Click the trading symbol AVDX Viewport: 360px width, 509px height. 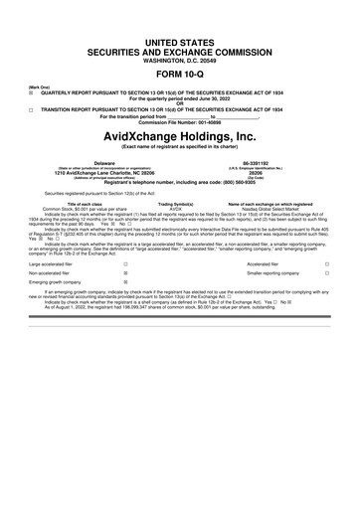(x=177, y=208)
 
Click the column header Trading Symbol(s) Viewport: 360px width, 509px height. (x=177, y=203)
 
